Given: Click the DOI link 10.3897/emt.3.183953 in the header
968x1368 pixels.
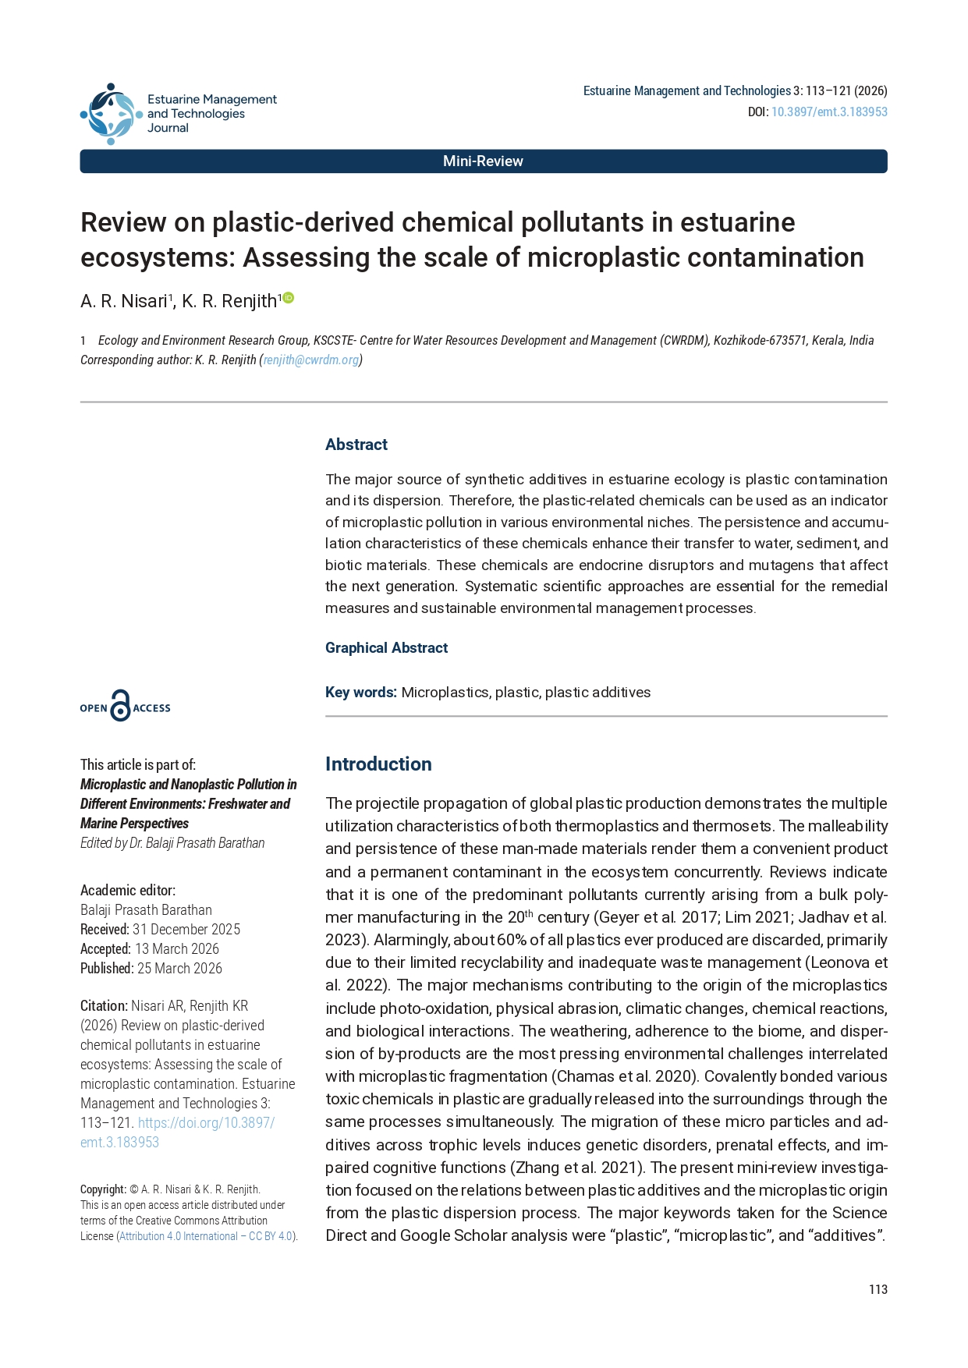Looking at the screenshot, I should click(829, 112).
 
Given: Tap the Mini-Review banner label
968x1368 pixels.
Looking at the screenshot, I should click(483, 161).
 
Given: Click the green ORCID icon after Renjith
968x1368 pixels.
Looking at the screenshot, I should click(289, 297).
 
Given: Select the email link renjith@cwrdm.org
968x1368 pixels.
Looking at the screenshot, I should click(311, 360).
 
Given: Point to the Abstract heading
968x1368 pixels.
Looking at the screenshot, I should click(356, 445).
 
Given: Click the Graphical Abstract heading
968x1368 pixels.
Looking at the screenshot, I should click(386, 648).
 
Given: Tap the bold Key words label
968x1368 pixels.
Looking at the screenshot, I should click(361, 693).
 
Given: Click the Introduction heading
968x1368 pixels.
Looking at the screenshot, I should click(378, 764).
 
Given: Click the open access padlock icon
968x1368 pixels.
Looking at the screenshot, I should click(120, 706).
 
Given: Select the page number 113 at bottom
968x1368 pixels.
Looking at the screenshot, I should click(878, 1289).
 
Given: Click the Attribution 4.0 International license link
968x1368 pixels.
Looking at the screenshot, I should click(205, 1236).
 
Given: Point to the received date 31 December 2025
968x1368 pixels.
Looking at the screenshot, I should click(186, 930).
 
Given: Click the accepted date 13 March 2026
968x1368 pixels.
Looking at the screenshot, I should click(177, 949).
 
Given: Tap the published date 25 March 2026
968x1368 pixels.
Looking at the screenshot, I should click(179, 969).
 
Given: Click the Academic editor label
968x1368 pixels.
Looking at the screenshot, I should click(128, 891).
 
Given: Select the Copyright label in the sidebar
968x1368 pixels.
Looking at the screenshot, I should click(103, 1189).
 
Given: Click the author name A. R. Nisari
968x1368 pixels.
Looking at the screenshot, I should click(124, 301).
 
